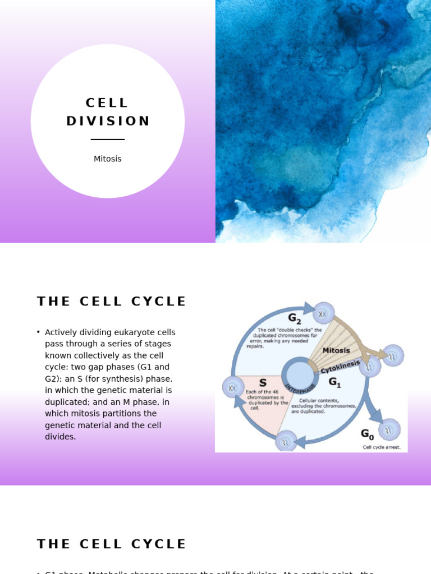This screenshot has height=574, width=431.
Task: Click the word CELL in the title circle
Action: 107,103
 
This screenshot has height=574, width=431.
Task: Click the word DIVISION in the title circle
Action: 108,121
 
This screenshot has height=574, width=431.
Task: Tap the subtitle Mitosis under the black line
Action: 107,159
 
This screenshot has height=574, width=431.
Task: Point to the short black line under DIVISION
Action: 107,139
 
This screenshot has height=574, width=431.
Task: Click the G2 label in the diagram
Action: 295,319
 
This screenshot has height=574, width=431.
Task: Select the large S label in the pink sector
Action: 263,383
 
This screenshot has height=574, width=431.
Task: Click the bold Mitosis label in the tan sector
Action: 336,350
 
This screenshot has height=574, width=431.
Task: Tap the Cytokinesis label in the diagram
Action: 341,367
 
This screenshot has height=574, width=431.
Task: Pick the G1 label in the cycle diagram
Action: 335,383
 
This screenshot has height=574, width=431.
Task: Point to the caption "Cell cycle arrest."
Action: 382,447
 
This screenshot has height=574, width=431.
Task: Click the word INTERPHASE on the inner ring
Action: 300,387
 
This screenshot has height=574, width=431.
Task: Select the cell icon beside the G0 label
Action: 389,430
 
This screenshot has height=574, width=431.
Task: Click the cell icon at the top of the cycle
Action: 323,313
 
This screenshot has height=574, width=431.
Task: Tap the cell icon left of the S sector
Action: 233,387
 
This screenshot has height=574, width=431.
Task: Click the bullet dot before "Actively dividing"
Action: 38,332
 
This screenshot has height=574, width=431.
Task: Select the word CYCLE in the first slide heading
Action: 159,302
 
